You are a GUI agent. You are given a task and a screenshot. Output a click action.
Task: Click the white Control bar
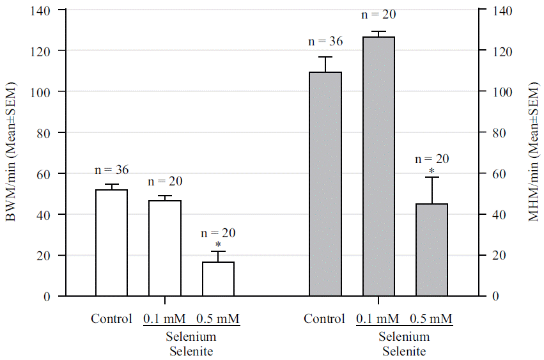[111, 243]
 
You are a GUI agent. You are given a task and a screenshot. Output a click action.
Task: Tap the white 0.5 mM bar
[218, 279]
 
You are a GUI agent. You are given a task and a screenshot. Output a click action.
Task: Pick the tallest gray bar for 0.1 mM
[378, 166]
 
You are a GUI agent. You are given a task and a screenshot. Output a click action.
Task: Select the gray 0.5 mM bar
[431, 250]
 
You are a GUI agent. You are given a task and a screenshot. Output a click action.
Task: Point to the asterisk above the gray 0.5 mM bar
[432, 171]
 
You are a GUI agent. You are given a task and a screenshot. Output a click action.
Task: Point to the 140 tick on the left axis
[47, 10]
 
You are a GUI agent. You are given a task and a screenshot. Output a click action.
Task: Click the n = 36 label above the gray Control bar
[325, 42]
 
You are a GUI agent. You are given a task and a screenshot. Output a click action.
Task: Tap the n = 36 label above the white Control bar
[111, 170]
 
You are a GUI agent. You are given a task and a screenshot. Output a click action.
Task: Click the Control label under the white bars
[111, 318]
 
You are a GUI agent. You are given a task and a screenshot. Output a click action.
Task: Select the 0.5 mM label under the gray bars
[431, 318]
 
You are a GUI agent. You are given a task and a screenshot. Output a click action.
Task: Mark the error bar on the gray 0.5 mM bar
[432, 190]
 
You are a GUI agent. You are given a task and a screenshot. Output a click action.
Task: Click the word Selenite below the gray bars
[404, 350]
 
